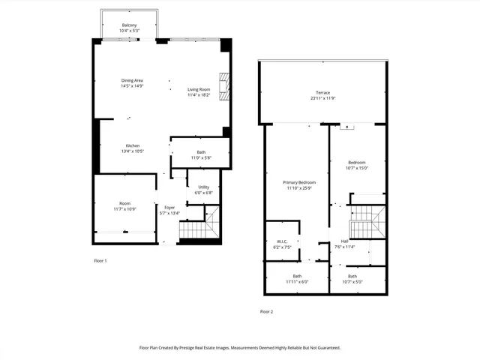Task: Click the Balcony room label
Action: coord(130,25)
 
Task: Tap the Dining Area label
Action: coord(132,80)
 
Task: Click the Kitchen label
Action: coord(132,145)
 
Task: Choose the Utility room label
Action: coord(204,187)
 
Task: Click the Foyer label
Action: coord(169,207)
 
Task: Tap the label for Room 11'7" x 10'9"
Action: coord(124,203)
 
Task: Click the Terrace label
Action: coord(322,92)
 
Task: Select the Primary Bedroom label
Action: coord(299,182)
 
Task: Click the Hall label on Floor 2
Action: coord(344,241)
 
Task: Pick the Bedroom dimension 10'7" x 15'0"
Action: coord(356,168)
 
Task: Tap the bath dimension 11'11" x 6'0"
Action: coord(296,281)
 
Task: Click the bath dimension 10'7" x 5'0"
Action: coord(352,281)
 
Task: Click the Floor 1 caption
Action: coord(100,260)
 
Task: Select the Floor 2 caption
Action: coord(267,311)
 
